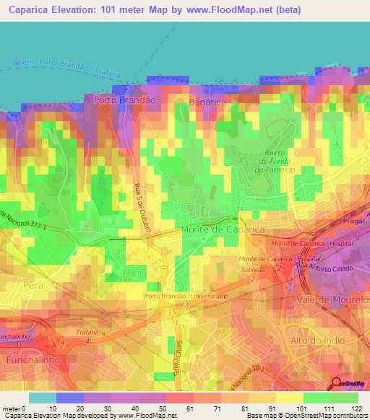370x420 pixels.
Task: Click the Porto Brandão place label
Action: click(x=121, y=101)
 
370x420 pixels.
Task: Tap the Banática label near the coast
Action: click(x=207, y=103)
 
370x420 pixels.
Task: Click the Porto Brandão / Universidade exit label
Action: click(x=186, y=296)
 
